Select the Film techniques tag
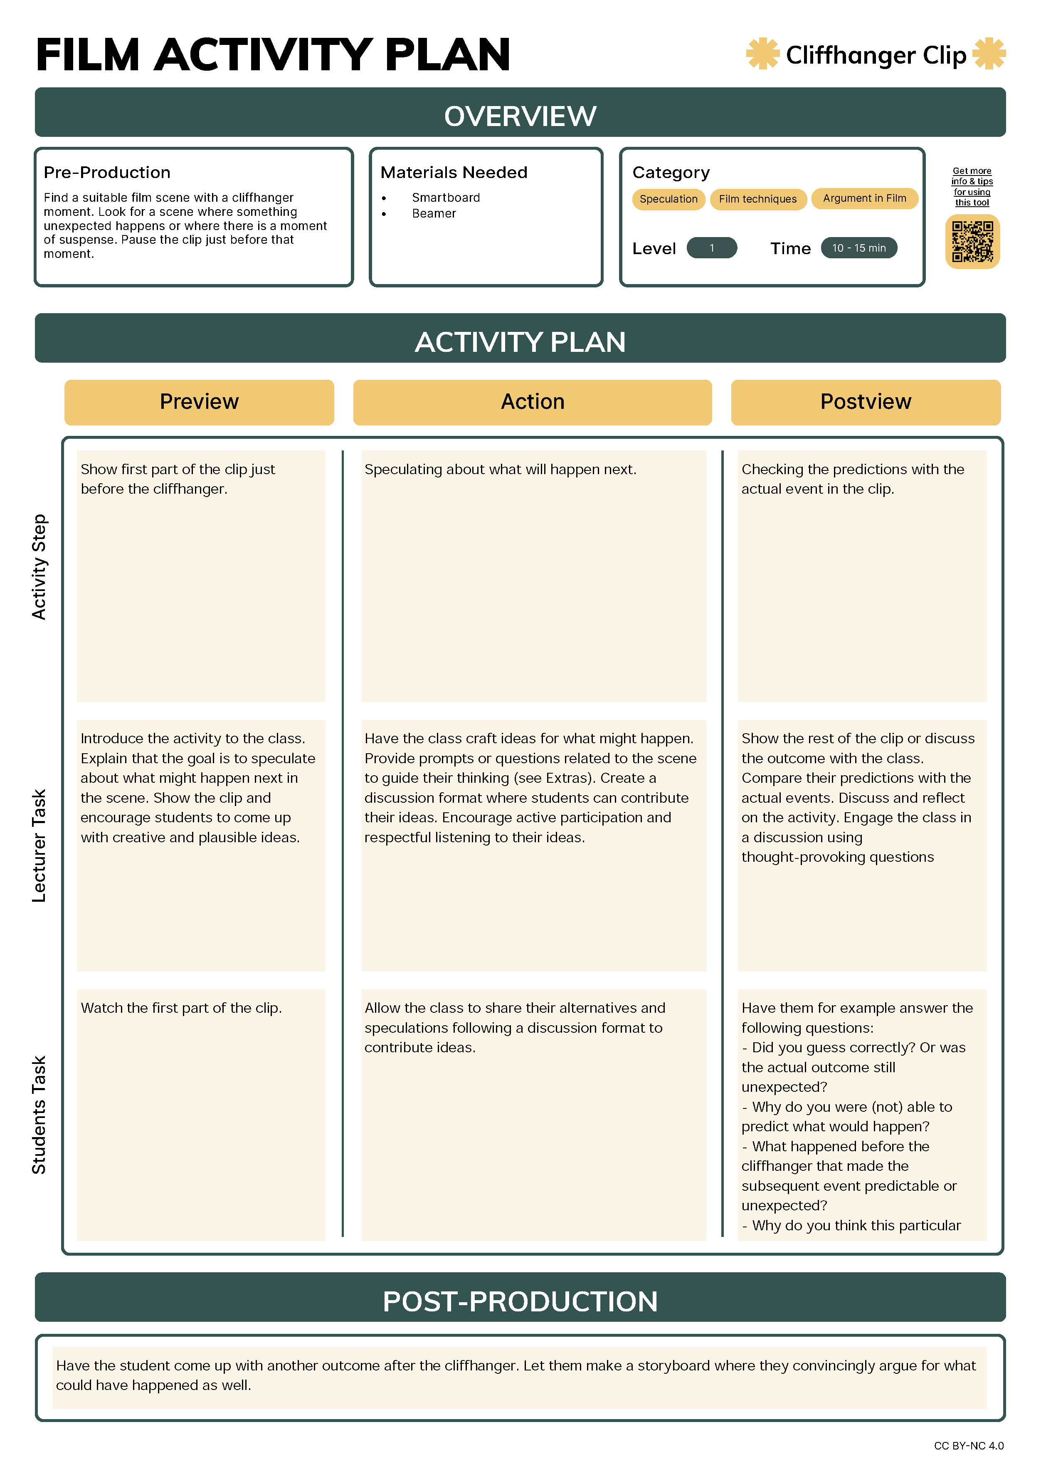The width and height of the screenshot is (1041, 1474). (x=757, y=199)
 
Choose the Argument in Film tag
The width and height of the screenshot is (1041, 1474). (x=864, y=198)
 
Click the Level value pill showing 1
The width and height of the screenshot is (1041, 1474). (x=711, y=248)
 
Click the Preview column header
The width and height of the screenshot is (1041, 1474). (x=199, y=402)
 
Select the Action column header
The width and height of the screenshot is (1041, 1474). (x=532, y=402)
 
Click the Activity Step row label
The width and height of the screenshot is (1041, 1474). (x=39, y=567)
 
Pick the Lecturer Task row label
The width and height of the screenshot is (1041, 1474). (x=39, y=846)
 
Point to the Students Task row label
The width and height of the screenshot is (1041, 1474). (x=39, y=1115)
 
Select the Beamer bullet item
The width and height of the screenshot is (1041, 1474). (x=434, y=214)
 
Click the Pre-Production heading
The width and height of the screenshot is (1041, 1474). (x=107, y=173)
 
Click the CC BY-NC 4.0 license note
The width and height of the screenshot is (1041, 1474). (x=969, y=1446)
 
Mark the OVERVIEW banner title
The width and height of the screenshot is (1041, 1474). (x=520, y=116)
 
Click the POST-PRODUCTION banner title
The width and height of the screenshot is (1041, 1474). (x=520, y=1302)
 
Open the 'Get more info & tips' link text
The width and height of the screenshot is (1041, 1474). (x=972, y=187)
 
